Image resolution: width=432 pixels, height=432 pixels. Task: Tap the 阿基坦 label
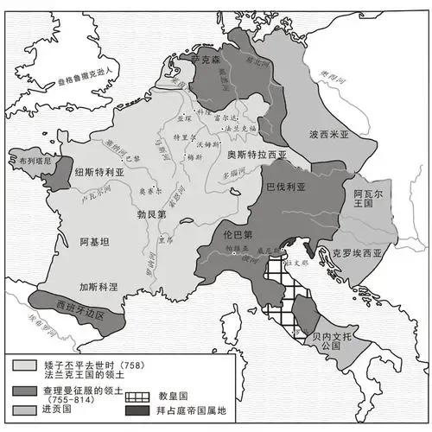[x=95, y=243]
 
